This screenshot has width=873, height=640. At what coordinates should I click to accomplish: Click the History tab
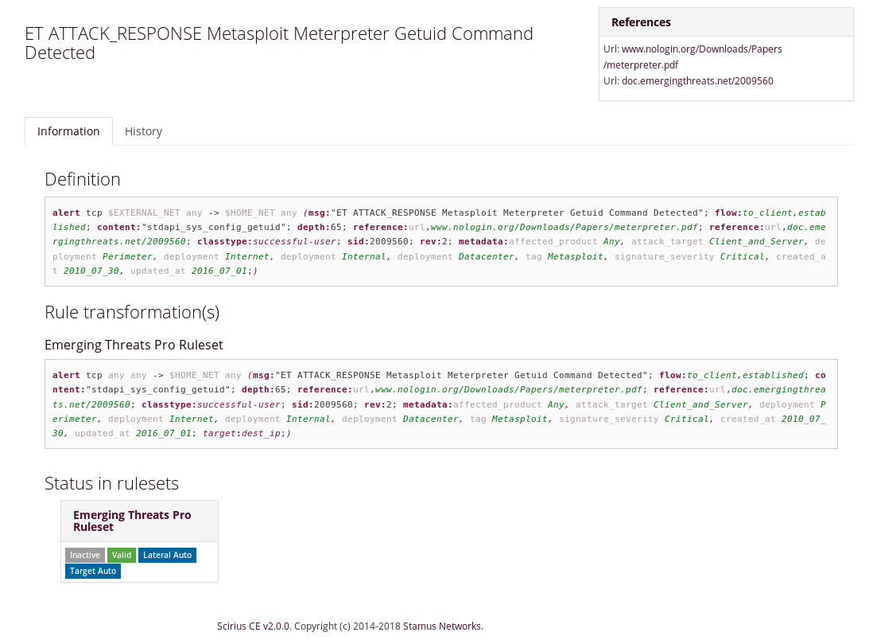[143, 131]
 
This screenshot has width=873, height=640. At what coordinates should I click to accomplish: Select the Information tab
[68, 131]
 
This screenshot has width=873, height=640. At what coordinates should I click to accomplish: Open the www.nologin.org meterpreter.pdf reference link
[693, 57]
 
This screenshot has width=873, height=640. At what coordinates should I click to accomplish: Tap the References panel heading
[641, 22]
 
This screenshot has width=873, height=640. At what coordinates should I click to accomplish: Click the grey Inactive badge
[84, 556]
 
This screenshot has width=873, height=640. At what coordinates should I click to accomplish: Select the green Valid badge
[122, 556]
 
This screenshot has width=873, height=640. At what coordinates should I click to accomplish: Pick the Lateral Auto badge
[167, 556]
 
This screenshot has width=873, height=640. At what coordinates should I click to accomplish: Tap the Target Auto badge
[93, 572]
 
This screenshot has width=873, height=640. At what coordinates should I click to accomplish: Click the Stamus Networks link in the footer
[442, 626]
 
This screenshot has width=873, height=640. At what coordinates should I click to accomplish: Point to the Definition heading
[83, 180]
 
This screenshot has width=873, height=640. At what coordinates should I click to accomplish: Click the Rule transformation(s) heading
[132, 313]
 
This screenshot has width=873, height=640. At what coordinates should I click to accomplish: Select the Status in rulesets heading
[111, 483]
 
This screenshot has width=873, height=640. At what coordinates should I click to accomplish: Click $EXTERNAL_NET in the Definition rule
[144, 213]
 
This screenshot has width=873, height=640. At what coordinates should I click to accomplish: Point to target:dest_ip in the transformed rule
[241, 433]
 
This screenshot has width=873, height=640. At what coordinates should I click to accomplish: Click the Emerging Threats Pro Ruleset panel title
[132, 521]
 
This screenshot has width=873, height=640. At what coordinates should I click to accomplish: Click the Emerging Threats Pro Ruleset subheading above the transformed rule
[134, 345]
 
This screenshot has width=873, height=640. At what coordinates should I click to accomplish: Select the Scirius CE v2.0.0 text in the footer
[254, 626]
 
